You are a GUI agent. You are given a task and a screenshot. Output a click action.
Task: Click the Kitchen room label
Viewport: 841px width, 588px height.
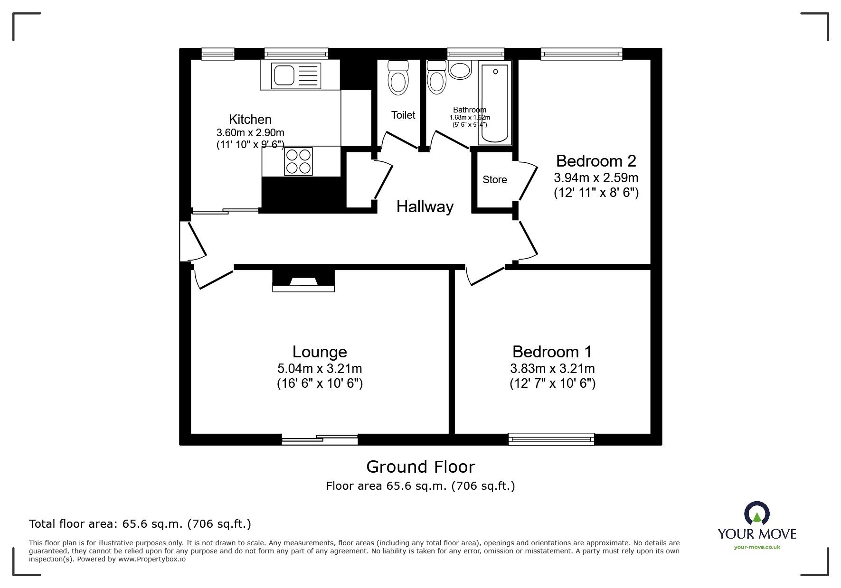(250, 119)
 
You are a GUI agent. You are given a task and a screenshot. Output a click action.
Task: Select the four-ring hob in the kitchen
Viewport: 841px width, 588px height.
(299, 161)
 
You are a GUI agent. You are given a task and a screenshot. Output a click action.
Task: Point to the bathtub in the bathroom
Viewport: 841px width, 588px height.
(495, 103)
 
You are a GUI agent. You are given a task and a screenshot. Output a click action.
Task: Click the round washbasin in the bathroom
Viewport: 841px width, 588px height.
(459, 71)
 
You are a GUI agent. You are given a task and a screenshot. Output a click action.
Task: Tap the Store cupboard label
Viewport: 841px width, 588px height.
(494, 180)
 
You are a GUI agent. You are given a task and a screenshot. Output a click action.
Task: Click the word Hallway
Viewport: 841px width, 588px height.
(425, 207)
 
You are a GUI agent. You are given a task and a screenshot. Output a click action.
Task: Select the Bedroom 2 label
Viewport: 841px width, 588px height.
(595, 161)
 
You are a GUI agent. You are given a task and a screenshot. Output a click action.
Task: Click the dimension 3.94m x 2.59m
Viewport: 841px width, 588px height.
(595, 178)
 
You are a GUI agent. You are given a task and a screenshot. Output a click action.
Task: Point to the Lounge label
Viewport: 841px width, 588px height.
(320, 352)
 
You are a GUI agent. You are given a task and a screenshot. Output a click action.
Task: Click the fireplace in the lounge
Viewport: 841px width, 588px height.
(303, 281)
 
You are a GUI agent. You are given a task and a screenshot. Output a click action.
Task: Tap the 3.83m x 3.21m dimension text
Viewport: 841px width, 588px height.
(552, 368)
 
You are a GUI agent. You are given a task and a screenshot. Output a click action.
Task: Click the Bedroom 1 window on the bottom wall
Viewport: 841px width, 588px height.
(551, 439)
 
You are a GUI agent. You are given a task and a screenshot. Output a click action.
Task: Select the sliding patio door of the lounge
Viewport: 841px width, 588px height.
(320, 439)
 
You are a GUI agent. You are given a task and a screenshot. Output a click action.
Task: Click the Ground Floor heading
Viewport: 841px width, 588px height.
(420, 467)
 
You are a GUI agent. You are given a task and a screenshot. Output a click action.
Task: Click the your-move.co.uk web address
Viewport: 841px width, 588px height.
(757, 547)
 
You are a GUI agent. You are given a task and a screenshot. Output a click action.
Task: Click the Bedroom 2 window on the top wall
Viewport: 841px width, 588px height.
(581, 54)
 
